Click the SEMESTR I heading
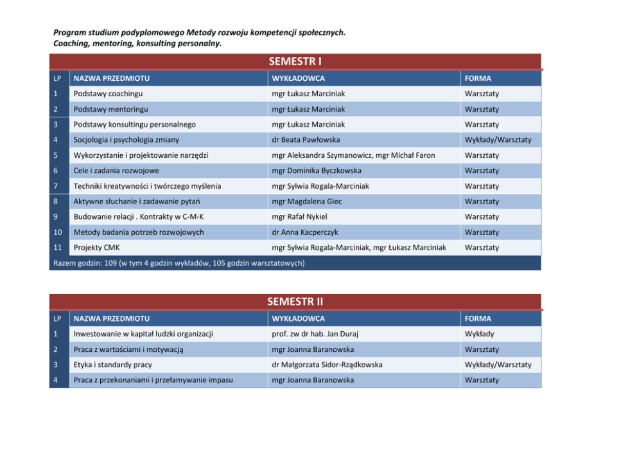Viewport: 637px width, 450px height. (295, 62)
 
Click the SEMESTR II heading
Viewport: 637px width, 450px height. (295, 302)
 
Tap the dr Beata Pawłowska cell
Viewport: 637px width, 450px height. (306, 140)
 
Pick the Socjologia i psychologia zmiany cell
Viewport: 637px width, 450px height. (127, 140)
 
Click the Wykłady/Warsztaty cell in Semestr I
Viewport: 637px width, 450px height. (498, 140)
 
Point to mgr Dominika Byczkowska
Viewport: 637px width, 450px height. (316, 171)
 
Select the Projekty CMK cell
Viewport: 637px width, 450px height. (96, 248)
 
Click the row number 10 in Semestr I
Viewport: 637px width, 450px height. (58, 232)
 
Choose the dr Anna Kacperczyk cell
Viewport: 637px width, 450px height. (304, 232)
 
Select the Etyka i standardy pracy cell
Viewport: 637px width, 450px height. (113, 365)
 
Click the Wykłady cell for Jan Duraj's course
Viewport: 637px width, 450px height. (479, 334)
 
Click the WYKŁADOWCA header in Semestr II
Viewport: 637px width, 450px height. (298, 318)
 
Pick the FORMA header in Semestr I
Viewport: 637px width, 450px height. (478, 78)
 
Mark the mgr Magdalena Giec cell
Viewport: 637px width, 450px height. (307, 202)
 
